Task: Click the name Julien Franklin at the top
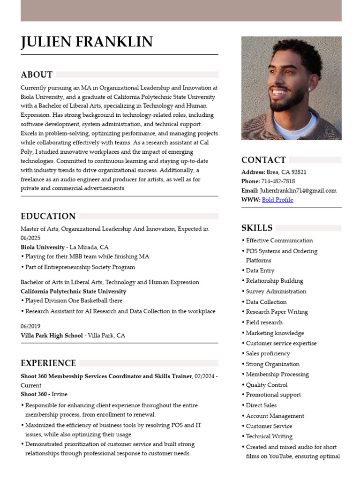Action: coord(87,42)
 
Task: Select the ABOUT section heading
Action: coord(37,75)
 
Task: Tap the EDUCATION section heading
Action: coord(48,216)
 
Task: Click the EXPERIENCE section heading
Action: coord(48,363)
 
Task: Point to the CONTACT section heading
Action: coord(263,160)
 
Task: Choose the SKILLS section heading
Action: coord(257,228)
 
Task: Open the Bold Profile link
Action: coord(277,200)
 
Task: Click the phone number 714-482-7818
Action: coord(278,181)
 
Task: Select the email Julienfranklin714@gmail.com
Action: coord(298,191)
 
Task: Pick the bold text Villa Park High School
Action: coord(52,336)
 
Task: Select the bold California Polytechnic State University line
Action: coord(73,292)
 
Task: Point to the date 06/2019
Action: coord(30,326)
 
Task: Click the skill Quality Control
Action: coord(267,385)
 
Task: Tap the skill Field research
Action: coord(264,322)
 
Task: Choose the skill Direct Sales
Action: coord(261,405)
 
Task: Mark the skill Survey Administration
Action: coord(276,292)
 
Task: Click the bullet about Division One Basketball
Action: coord(74,301)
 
